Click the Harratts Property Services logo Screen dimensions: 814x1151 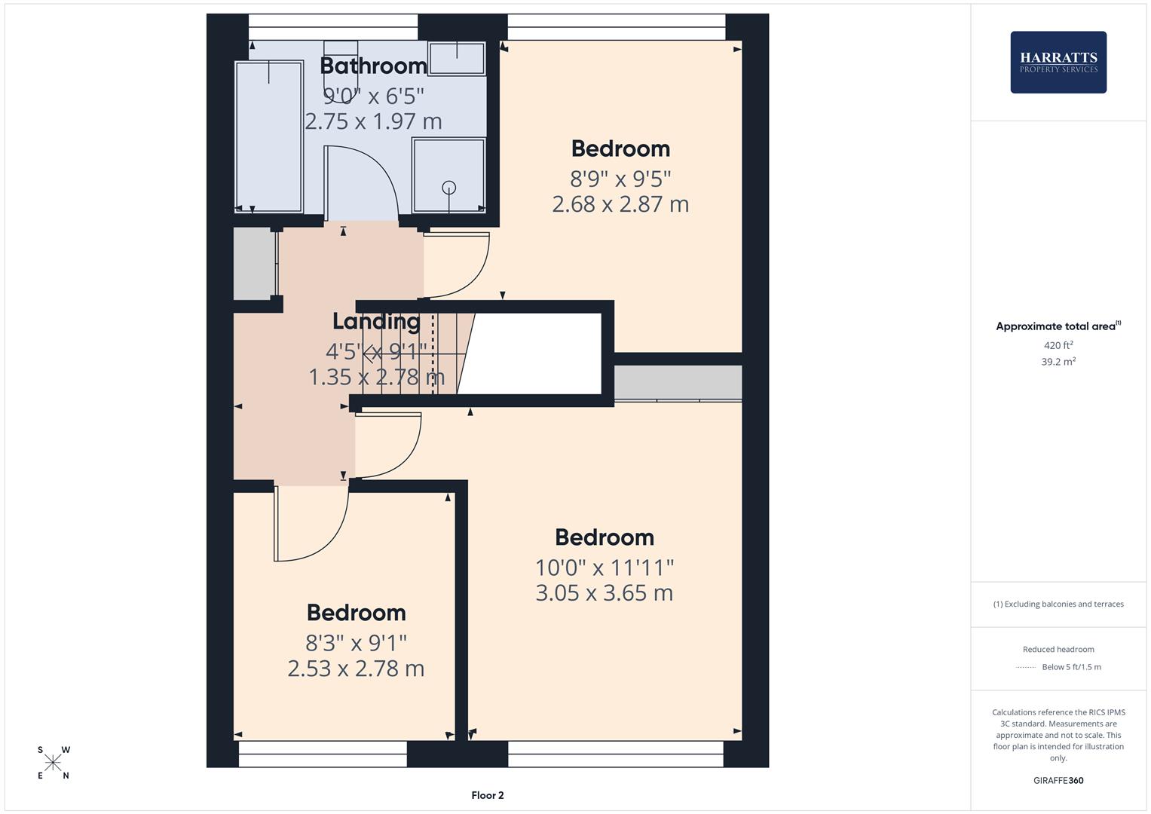[1058, 63]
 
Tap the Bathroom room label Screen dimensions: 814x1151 [373, 66]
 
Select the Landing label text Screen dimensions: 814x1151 [376, 321]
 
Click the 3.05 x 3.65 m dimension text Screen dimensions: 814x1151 [604, 593]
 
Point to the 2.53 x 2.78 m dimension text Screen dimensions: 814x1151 [356, 669]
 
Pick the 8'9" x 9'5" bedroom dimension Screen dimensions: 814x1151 [620, 179]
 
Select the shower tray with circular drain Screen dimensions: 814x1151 [448, 175]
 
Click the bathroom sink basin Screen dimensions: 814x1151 [457, 58]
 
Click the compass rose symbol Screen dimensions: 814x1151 [53, 763]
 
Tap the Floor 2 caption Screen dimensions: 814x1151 [487, 795]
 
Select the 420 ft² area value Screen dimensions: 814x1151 [1058, 346]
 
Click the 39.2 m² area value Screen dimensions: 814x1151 [1058, 362]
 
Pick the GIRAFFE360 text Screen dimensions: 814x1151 [1058, 781]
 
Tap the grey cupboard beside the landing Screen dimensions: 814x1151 [254, 264]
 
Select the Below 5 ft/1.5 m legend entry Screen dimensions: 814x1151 [1070, 667]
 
